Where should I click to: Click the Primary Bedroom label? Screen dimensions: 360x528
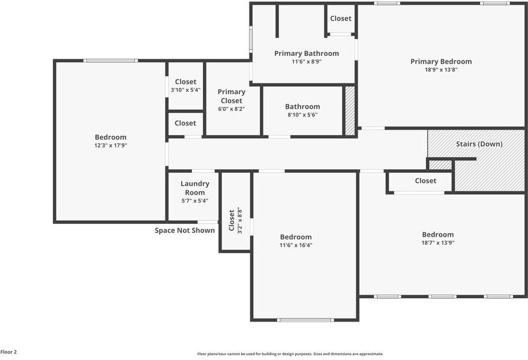[441, 61]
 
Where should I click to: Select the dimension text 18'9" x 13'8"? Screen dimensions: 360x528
[441, 70]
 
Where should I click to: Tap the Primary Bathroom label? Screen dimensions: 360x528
[306, 53]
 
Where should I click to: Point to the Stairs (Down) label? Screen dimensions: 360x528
[479, 144]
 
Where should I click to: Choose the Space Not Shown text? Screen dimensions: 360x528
[185, 230]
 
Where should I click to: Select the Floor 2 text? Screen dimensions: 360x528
[9, 352]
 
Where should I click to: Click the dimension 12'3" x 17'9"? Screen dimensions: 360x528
[110, 145]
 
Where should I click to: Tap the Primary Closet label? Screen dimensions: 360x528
[231, 96]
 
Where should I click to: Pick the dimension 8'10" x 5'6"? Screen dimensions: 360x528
[302, 115]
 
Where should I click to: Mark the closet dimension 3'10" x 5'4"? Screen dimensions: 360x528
[185, 90]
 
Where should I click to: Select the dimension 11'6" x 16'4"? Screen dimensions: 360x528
[296, 245]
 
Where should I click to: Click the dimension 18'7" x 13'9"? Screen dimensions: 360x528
[437, 243]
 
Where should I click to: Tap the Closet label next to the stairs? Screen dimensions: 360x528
[425, 181]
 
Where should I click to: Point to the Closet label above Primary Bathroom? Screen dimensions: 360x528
[341, 19]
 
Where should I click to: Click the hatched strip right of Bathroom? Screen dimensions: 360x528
[350, 111]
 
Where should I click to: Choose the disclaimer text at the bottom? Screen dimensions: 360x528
[290, 354]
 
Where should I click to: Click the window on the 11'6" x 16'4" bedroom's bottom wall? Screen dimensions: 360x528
[305, 320]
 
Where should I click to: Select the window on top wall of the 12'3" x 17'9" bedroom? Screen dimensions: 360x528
[110, 61]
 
